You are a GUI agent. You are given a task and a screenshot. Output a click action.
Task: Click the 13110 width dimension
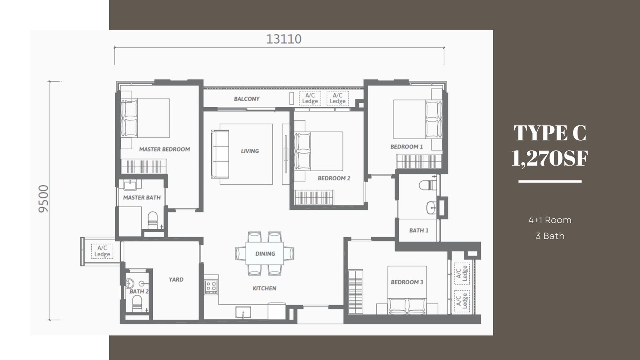pos(284,39)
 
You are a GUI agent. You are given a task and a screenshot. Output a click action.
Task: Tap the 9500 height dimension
pos(44,199)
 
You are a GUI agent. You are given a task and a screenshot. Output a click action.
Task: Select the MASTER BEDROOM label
pos(164,149)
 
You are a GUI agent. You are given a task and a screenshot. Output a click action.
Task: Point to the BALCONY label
pos(246,99)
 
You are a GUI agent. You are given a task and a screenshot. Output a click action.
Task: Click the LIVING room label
pos(250,151)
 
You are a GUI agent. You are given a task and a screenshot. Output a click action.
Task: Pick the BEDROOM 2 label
pos(334,178)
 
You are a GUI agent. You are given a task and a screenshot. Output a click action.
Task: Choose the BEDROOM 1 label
pos(406,146)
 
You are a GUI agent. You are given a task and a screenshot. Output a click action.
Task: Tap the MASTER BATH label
pos(142,198)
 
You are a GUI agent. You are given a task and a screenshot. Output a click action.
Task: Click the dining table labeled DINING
pos(264,254)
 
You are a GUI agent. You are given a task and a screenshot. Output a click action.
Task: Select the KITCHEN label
pos(264,288)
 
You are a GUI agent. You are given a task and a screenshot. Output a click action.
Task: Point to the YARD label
pos(176,280)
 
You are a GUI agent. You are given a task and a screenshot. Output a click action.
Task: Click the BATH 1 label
pos(419,230)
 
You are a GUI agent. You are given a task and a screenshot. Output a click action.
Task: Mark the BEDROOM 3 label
pos(407,282)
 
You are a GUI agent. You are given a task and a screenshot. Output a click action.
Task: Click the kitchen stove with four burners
pos(212,287)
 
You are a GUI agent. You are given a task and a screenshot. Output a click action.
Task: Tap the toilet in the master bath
pos(152,220)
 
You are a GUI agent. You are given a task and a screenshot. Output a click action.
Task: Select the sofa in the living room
pos(220,154)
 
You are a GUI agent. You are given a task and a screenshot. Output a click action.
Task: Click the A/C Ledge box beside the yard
pos(102,251)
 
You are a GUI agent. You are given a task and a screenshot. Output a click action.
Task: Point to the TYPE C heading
pos(550,133)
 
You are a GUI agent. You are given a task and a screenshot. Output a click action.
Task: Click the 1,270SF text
pos(550,158)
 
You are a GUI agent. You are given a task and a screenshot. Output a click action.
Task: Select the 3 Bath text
pos(550,236)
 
